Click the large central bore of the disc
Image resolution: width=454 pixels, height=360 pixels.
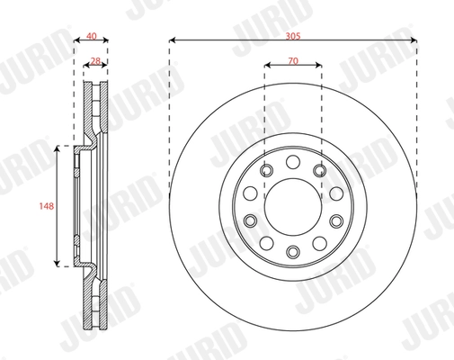(292, 198)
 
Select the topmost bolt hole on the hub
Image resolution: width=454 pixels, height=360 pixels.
(292, 163)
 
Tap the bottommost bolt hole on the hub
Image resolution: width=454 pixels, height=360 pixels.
(292, 249)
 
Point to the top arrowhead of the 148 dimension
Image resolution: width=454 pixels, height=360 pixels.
(58, 147)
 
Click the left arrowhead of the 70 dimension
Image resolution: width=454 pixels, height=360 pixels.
(267, 65)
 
